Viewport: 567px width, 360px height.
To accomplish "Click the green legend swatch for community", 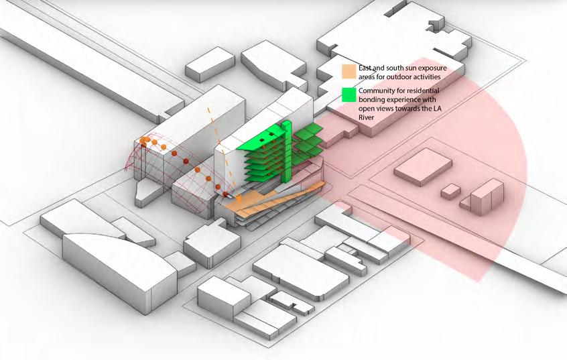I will coord(349,95).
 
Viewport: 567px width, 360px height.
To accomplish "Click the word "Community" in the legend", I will coord(379,91).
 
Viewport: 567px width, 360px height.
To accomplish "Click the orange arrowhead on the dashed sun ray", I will coord(239,198).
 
